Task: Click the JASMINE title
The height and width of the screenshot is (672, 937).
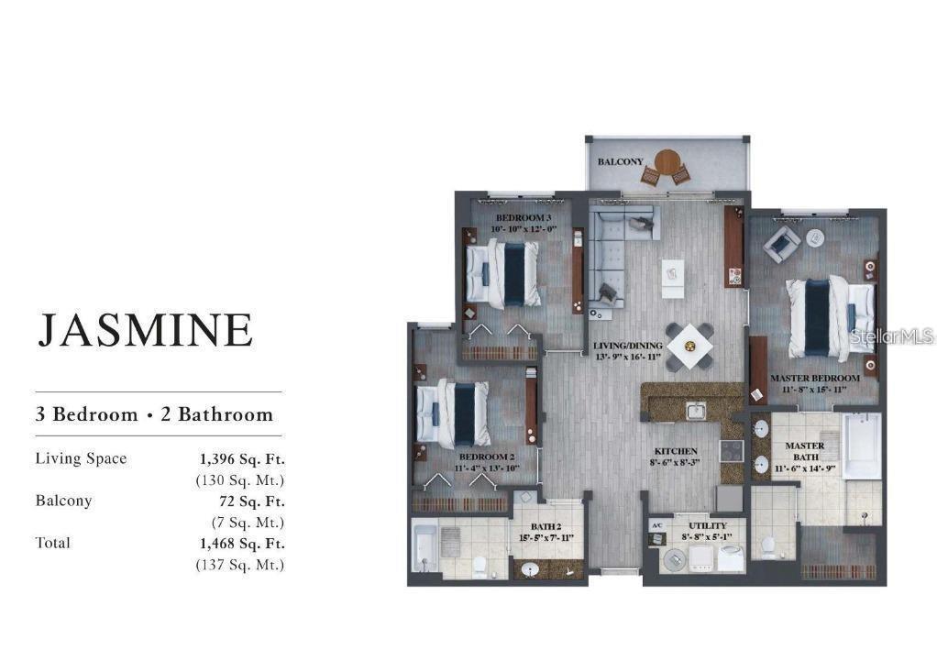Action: [x=145, y=329]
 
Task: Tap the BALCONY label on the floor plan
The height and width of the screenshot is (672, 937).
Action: [x=620, y=161]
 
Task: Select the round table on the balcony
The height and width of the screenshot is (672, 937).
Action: [x=667, y=164]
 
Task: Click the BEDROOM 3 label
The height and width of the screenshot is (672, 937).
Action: [x=523, y=218]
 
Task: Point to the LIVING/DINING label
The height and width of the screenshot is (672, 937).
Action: [x=627, y=346]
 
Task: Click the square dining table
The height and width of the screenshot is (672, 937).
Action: [x=689, y=347]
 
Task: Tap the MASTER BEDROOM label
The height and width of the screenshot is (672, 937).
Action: [x=814, y=378]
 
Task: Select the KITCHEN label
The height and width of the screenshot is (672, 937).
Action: [x=676, y=451]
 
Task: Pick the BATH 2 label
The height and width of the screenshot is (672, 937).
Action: [x=546, y=526]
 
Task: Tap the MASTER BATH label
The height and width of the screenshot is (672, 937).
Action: [x=804, y=446]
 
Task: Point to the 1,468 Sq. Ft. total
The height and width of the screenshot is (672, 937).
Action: [x=242, y=543]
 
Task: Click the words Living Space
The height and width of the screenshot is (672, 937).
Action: [x=81, y=458]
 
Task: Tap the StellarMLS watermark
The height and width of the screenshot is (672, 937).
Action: [x=891, y=336]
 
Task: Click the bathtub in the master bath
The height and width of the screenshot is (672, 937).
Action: [x=861, y=446]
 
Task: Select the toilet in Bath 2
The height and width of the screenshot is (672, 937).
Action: [x=478, y=562]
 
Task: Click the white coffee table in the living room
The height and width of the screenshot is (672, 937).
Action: [x=673, y=270]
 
